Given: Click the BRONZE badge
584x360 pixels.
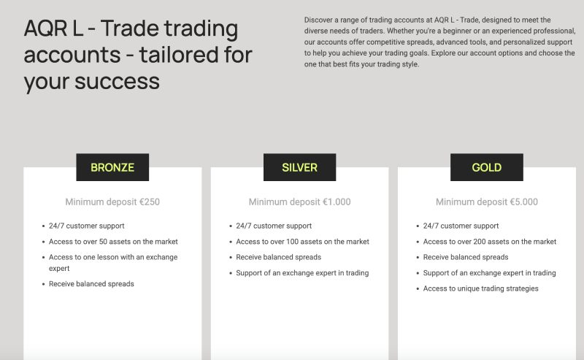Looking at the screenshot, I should [x=112, y=167].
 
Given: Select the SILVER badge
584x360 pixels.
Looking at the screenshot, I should [x=299, y=167].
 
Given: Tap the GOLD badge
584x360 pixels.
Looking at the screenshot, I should [x=486, y=167].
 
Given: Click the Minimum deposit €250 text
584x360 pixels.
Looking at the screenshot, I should [x=112, y=202].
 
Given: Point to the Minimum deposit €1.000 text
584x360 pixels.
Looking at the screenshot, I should [x=299, y=202].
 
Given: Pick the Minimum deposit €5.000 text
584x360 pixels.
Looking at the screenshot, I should [x=486, y=202].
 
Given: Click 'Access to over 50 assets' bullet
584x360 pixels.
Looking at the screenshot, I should [x=113, y=242].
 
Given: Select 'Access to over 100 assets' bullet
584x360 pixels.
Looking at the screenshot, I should [x=302, y=242].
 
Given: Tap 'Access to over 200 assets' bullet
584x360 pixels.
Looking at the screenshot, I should [x=489, y=242].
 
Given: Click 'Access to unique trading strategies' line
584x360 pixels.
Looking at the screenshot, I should [x=480, y=288].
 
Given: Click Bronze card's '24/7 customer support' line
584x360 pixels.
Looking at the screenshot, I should [x=86, y=226].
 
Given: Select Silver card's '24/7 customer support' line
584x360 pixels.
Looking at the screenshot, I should [x=274, y=226].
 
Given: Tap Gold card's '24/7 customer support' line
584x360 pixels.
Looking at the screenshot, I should [x=461, y=226].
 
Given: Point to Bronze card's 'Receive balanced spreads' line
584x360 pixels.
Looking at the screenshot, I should [x=91, y=283].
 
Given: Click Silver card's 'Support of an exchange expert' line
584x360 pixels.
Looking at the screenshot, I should [x=302, y=273].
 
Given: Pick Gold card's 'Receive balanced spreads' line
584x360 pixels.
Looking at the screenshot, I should [x=466, y=257].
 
